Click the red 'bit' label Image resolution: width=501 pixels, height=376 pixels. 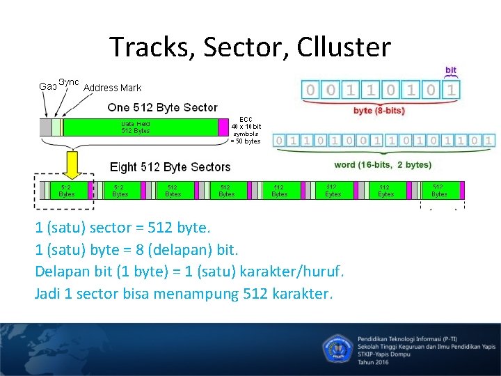tap(451, 70)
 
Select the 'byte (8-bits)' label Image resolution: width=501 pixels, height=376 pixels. tap(380, 110)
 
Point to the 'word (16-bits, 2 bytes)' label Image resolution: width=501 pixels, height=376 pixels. tap(383, 165)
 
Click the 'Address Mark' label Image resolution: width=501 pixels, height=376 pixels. tap(112, 88)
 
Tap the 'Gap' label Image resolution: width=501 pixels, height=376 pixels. tap(47, 86)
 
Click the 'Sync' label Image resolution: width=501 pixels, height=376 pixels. tap(69, 81)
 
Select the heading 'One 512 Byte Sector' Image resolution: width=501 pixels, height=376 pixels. tap(162, 107)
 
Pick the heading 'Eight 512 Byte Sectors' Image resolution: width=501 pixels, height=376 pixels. tap(170, 167)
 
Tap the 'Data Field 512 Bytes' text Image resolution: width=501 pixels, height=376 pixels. tap(136, 127)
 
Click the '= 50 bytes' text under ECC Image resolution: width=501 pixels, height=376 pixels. tap(245, 141)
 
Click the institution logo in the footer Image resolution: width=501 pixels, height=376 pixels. tap(338, 346)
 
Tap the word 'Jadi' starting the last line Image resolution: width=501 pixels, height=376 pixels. tap(47, 293)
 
